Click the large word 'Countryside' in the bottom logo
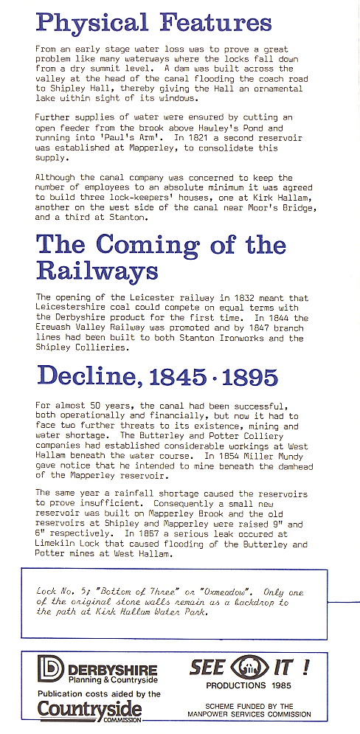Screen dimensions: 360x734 [x=90, y=709]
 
